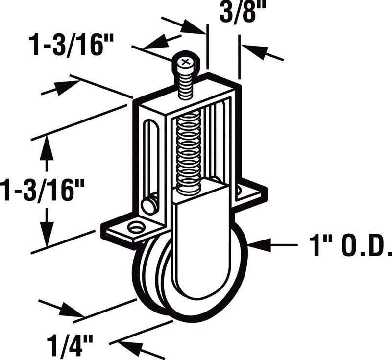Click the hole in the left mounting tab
[136, 227]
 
